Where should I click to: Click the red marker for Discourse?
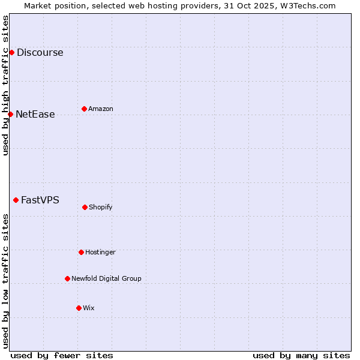(11, 52)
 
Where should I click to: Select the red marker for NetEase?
(10, 114)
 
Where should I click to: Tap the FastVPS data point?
(16, 200)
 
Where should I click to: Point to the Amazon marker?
(84, 109)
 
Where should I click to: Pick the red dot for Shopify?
(85, 207)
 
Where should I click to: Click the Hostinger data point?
(81, 252)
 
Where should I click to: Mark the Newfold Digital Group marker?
(67, 278)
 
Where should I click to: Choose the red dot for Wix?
(79, 308)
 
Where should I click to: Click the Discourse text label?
(40, 52)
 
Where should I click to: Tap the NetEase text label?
(35, 114)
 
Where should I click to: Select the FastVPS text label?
(40, 200)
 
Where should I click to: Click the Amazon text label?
(101, 109)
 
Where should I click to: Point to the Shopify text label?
(101, 207)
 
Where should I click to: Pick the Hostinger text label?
(100, 252)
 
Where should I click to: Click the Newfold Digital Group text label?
(106, 278)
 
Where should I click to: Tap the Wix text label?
(89, 308)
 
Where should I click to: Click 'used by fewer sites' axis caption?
(62, 355)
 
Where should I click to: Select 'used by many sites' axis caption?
(301, 355)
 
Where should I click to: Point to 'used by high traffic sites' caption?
(5, 85)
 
